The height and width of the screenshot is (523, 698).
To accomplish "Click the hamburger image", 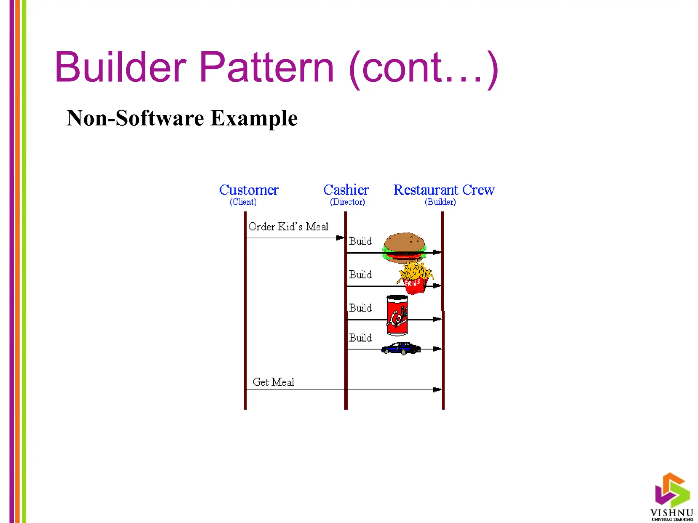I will pyautogui.click(x=404, y=247).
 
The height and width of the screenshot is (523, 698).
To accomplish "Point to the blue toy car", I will pyautogui.click(x=401, y=348).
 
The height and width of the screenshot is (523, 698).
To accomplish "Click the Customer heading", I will pyautogui.click(x=249, y=190).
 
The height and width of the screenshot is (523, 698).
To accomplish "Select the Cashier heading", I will pyautogui.click(x=346, y=190).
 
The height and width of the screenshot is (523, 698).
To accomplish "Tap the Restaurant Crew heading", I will pyautogui.click(x=444, y=190).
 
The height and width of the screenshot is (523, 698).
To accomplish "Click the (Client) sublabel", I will pyautogui.click(x=243, y=202).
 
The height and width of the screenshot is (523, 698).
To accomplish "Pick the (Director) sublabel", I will pyautogui.click(x=347, y=202).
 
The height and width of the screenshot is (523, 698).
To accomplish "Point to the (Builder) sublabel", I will pyautogui.click(x=440, y=202).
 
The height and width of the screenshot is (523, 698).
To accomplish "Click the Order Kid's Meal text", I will pyautogui.click(x=288, y=227).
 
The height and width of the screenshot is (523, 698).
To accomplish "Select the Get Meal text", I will pyautogui.click(x=273, y=382).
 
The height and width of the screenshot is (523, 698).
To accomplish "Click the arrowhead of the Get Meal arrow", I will pyautogui.click(x=437, y=390).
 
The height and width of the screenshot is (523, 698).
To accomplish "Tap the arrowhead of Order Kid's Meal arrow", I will pyautogui.click(x=340, y=238).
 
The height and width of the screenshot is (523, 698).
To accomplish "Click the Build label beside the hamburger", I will pyautogui.click(x=360, y=241).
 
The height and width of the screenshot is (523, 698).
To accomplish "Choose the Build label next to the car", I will pyautogui.click(x=360, y=338).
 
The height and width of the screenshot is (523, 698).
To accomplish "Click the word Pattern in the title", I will pyautogui.click(x=267, y=67).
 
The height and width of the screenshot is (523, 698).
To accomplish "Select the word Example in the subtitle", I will pyautogui.click(x=254, y=118).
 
